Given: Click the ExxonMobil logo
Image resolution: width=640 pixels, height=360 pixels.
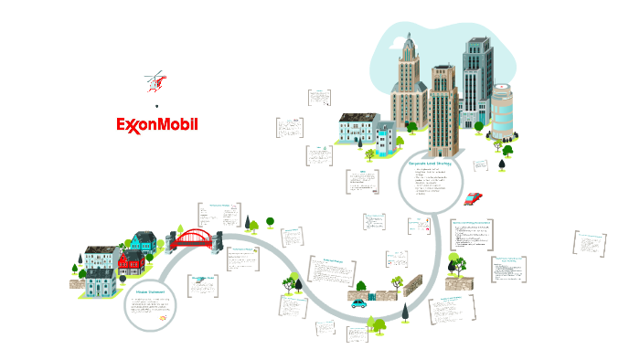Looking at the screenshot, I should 157,124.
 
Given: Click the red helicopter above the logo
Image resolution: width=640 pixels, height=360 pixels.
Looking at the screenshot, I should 157,82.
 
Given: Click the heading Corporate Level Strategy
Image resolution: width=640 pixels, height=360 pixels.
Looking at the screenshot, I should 431,163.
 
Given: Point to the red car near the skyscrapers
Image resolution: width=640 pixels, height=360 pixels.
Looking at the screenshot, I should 472,198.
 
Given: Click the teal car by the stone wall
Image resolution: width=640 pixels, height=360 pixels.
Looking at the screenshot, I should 359,302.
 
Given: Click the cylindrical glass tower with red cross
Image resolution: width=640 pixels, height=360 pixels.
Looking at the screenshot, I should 504,111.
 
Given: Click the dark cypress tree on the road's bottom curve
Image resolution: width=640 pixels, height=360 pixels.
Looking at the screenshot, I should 404,312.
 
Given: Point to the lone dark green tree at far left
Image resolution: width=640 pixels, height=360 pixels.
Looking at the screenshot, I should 77,268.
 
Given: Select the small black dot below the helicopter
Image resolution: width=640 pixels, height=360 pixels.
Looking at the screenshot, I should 157,106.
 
